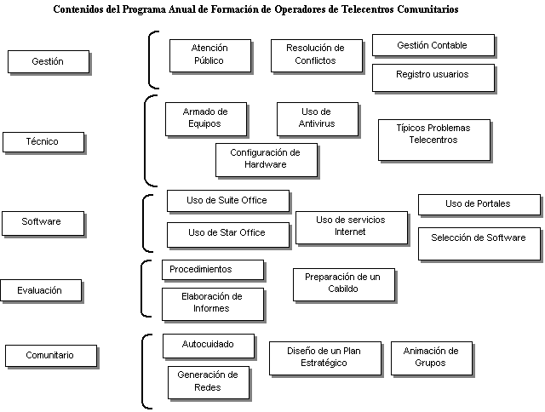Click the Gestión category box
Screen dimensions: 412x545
tap(48, 61)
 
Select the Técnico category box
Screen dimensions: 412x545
tap(43, 141)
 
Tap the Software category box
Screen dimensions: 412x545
tap(42, 222)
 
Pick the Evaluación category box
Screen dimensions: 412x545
tap(41, 290)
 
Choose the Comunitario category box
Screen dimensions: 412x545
tap(50, 355)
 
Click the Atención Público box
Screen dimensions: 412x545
tap(209, 55)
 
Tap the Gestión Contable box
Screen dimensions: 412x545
tap(433, 45)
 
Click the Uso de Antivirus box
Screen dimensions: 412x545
tap(317, 118)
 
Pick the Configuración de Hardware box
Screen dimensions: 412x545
tap(266, 159)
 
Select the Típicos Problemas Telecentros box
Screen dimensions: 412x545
tap(433, 140)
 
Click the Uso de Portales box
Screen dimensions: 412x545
tap(479, 204)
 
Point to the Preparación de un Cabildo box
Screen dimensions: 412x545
tap(343, 284)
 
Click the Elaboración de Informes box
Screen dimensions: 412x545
tap(212, 303)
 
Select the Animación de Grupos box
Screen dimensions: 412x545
tap(431, 358)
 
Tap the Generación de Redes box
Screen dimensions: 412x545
tap(208, 382)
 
